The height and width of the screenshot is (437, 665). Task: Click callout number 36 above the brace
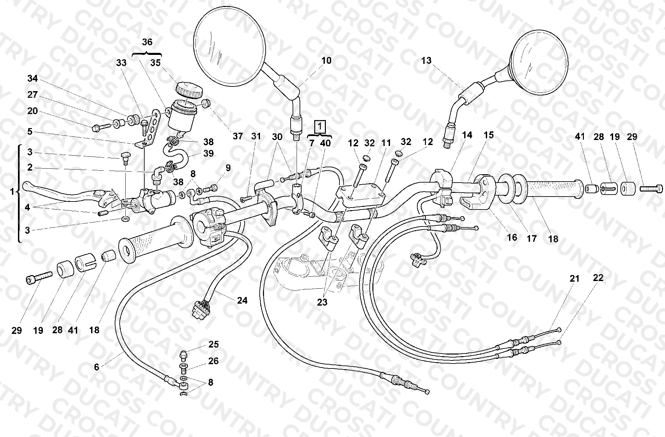pos(147,42)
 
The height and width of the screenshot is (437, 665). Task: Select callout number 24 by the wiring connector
pos(242,301)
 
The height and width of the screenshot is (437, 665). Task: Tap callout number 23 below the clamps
pos(322,302)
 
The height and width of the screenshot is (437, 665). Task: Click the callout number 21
pos(575,279)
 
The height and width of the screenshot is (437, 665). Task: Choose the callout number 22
pos(598,278)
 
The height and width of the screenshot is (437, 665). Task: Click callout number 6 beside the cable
pos(96,367)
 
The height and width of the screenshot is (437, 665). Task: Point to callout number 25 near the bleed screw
pos(213,344)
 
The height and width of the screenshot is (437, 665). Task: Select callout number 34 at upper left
pos(33,79)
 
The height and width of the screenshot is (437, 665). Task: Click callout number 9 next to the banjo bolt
pos(228,168)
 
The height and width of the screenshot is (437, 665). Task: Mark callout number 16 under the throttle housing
pos(512,237)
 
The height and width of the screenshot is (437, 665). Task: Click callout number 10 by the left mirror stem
pos(326,61)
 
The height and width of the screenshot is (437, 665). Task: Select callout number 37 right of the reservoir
pos(238,136)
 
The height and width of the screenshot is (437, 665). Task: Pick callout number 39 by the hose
pos(208,154)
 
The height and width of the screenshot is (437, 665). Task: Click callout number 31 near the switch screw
pos(256,136)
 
